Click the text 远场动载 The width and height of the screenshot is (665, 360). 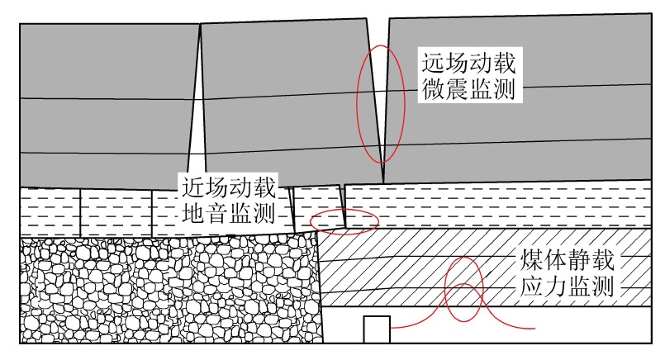click(468, 60)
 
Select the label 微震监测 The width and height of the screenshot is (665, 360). click(468, 90)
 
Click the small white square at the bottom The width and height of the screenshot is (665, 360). click(376, 329)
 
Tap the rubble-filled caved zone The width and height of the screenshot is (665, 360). click(165, 289)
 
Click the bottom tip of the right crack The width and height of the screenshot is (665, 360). click(384, 182)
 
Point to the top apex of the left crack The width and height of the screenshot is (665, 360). click(201, 24)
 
